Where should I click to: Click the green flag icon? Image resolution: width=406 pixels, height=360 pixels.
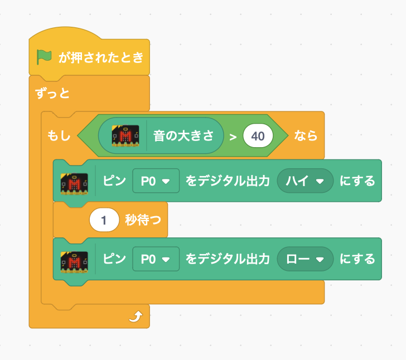(x=43, y=57)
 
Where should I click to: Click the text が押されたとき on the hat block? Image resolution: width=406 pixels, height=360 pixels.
(x=101, y=57)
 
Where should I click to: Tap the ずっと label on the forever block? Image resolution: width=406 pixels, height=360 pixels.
(x=52, y=93)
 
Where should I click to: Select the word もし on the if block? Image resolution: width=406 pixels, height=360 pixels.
(x=59, y=135)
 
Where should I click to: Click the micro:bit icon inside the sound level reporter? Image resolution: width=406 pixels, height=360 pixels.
(x=125, y=136)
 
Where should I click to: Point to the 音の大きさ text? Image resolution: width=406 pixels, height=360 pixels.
(x=183, y=135)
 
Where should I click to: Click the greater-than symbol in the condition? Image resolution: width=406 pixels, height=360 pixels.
(x=233, y=137)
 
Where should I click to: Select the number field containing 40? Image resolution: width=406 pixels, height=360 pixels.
(x=258, y=136)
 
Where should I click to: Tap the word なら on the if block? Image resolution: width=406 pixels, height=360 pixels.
(x=306, y=135)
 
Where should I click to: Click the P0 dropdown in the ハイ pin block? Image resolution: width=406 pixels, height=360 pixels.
(x=156, y=181)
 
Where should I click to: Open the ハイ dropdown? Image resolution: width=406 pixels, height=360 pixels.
(x=305, y=181)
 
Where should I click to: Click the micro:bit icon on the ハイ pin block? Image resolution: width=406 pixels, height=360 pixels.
(x=74, y=184)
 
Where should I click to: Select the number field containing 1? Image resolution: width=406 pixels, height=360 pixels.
(x=104, y=220)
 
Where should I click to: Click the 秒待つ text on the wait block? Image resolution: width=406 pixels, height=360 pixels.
(x=143, y=220)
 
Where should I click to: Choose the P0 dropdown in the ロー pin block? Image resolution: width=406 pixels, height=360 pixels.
(x=156, y=259)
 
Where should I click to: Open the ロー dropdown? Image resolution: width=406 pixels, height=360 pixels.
(x=305, y=259)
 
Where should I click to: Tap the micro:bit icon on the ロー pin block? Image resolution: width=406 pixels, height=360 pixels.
(x=74, y=262)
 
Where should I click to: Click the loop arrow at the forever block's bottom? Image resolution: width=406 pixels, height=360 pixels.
(x=136, y=317)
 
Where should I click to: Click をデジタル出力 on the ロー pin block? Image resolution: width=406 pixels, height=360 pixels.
(x=228, y=259)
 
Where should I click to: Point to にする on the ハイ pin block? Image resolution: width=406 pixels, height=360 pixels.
(x=357, y=181)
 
